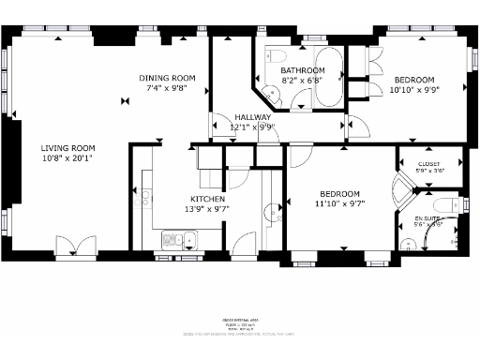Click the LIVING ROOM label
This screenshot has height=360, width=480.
coord(67,147)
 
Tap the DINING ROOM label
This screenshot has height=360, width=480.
coord(167,78)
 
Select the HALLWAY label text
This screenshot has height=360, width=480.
coord(252,116)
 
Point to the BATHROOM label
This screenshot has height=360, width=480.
coord(302,70)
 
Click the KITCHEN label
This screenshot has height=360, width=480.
coord(207,199)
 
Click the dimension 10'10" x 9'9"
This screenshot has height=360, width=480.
coord(413,91)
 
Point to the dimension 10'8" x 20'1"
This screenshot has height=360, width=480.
coord(67,158)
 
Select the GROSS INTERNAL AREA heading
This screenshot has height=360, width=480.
coord(240,322)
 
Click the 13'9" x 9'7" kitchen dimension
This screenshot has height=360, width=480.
coord(207,209)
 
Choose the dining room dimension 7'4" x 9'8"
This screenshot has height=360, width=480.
coord(167,88)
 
